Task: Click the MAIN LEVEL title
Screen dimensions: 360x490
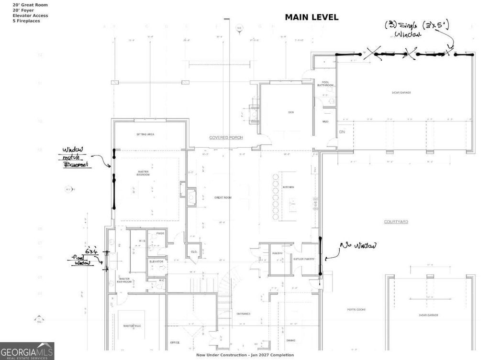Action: [x=312, y=17]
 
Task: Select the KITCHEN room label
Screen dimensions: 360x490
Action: [x=288, y=187]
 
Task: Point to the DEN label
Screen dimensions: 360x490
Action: [x=290, y=112]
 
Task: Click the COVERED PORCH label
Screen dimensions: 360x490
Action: [x=226, y=138]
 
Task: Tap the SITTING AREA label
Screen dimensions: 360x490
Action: [x=145, y=134]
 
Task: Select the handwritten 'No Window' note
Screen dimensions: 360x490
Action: [x=357, y=246]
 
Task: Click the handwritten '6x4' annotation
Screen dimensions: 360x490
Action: [x=91, y=251]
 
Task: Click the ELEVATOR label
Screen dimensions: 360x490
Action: [x=156, y=262]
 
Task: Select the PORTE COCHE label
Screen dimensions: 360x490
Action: [x=356, y=309]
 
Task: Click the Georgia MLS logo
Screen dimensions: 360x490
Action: [x=27, y=351]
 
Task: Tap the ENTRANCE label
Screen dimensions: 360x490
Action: [x=243, y=314]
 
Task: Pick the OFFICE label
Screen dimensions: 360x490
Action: [x=175, y=342]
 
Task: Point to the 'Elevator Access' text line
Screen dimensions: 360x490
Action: [x=30, y=16]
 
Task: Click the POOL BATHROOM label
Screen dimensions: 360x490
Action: [x=327, y=84]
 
